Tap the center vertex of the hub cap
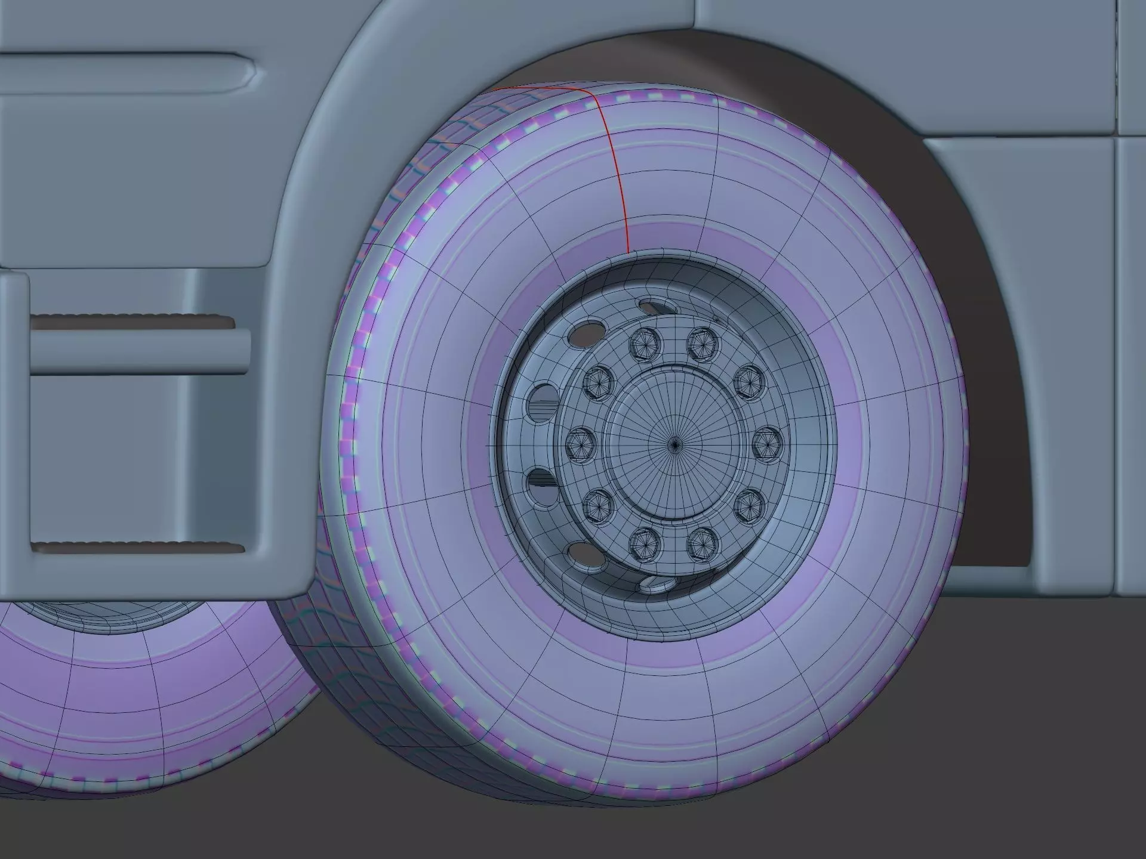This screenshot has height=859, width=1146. pos(674,444)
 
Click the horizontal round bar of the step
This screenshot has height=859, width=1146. pos(137,351)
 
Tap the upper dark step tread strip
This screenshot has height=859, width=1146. pos(131,322)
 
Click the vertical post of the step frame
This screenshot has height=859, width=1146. pos(14,418)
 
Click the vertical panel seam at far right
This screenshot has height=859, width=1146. pos(1117,358)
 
